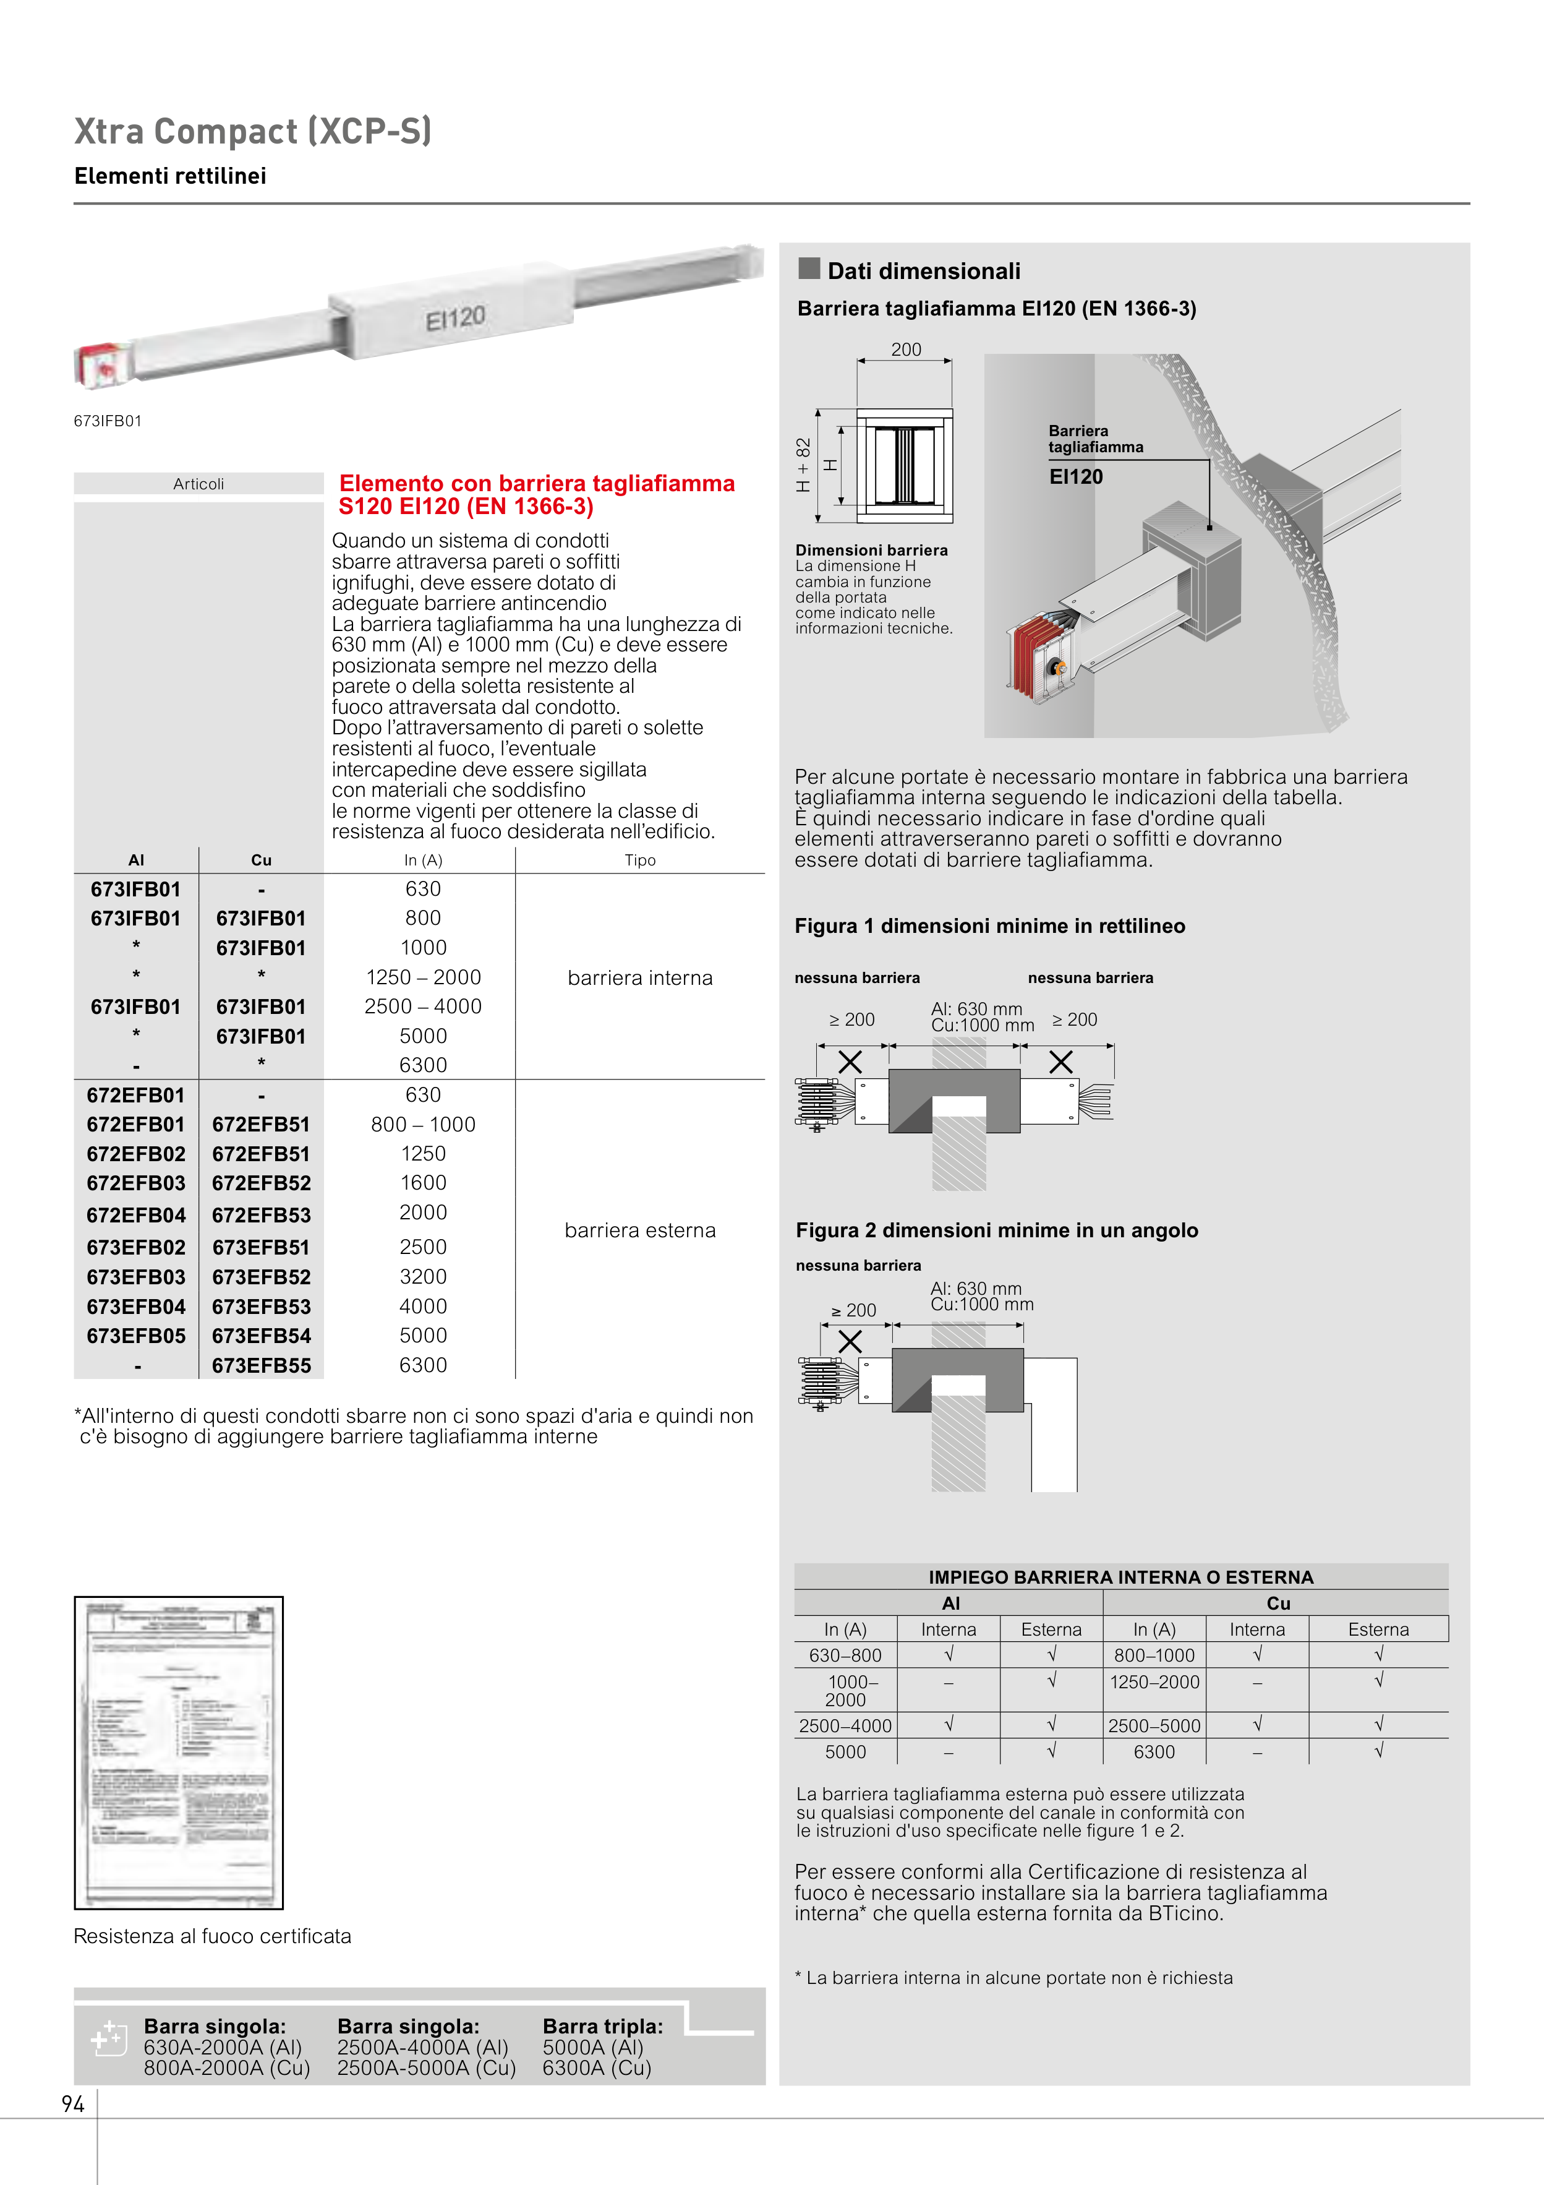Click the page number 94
click(x=73, y=2104)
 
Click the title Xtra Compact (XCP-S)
click(x=253, y=131)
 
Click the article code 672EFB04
click(x=136, y=1215)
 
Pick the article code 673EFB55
click(x=262, y=1366)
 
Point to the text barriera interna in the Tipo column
click(x=640, y=978)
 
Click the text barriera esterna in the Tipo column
click(x=640, y=1230)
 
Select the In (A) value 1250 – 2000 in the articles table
click(x=424, y=977)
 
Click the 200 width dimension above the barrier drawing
click(x=906, y=350)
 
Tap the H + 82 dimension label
click(x=804, y=465)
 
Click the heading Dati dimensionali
click(x=924, y=271)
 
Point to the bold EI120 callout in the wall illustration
click(x=1076, y=477)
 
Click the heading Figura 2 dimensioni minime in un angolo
click(x=997, y=1230)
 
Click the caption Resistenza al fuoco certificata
click(x=212, y=1936)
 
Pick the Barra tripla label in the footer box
click(x=602, y=2026)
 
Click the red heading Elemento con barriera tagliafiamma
click(x=537, y=483)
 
